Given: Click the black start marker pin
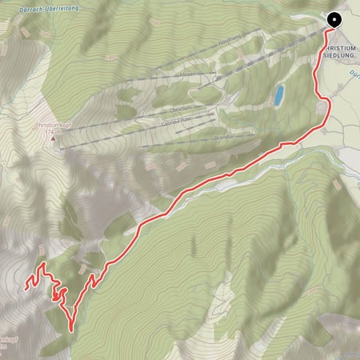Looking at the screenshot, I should coord(334,21).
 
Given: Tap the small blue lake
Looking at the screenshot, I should coord(278,97).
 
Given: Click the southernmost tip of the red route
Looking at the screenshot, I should coord(73,329).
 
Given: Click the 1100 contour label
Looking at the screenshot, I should coord(211,165).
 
